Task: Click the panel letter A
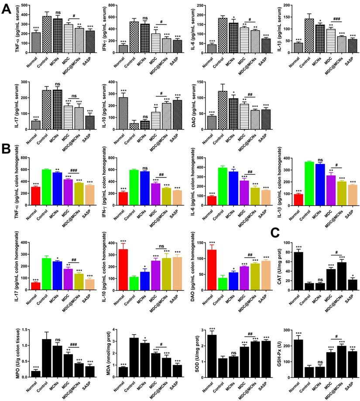tap(6, 9)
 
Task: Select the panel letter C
tap(275, 233)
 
